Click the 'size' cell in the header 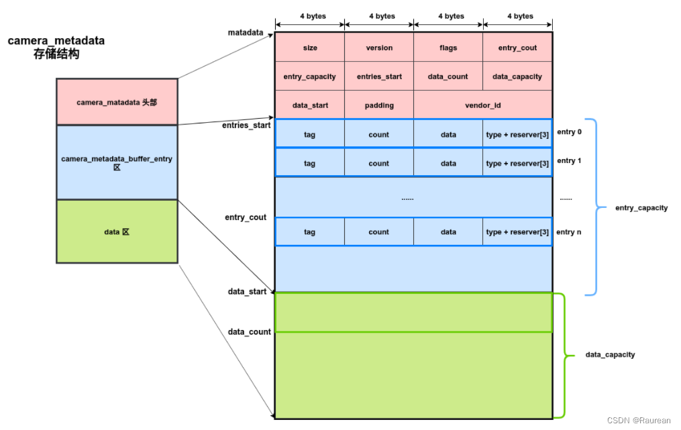[310, 48]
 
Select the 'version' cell [379, 48]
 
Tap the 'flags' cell [448, 48]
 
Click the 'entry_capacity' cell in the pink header [310, 76]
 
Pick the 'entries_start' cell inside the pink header [379, 76]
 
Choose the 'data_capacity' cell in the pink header [517, 76]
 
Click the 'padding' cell [379, 105]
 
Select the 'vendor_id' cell [483, 105]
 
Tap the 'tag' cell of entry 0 [310, 134]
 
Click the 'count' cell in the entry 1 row [379, 163]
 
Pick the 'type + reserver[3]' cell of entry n [517, 232]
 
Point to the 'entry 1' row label [569, 161]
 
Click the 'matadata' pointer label [246, 32]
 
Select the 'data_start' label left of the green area [247, 291]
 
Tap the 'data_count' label [249, 331]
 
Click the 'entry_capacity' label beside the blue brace [641, 208]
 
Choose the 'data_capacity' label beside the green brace [610, 354]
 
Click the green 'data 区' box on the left [117, 231]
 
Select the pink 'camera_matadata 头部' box [117, 102]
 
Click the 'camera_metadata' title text [56, 41]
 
